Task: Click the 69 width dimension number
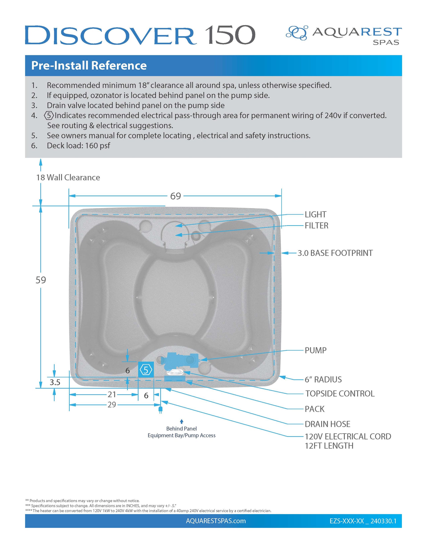click(x=175, y=196)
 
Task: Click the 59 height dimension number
click(x=41, y=280)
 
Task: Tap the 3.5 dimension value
click(x=55, y=382)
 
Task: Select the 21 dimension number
click(x=112, y=394)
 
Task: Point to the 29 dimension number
click(x=112, y=405)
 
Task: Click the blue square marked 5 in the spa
click(x=146, y=370)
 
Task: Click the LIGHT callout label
click(x=315, y=215)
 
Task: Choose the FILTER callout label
click(x=316, y=226)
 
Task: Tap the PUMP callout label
click(x=315, y=350)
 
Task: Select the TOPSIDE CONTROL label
click(x=340, y=393)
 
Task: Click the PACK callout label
click(x=314, y=409)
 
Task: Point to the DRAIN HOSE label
click(x=327, y=424)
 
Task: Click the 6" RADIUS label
click(x=323, y=380)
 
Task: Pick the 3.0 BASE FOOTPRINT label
click(x=335, y=253)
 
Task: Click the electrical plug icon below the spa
click(x=160, y=409)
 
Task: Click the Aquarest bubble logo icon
click(x=297, y=33)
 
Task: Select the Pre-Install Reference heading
click(x=89, y=65)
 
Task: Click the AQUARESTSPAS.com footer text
click(x=216, y=521)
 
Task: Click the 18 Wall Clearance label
click(x=68, y=178)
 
